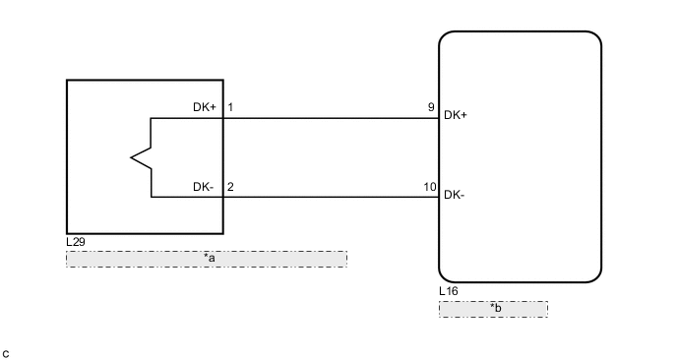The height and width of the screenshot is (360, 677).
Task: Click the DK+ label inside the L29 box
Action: click(205, 107)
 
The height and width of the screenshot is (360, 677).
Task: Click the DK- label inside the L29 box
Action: click(204, 186)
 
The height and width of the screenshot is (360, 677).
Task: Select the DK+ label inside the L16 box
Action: click(456, 115)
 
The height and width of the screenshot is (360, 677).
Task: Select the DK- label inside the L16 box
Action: click(455, 195)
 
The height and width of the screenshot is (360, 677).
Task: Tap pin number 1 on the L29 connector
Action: click(230, 107)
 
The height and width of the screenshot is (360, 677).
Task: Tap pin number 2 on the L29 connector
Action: click(230, 186)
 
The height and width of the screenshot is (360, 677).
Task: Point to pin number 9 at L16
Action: click(430, 107)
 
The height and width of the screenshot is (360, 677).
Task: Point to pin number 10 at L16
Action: click(428, 186)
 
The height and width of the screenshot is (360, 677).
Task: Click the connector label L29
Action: click(75, 241)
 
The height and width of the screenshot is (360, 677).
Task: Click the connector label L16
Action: click(448, 291)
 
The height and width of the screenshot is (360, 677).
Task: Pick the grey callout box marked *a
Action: click(207, 259)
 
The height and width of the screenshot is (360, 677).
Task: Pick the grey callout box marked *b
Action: click(493, 309)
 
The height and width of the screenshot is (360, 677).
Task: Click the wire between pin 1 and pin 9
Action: click(330, 118)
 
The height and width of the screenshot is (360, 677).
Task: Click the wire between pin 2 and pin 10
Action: click(330, 197)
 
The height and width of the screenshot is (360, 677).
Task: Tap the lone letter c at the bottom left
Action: click(6, 352)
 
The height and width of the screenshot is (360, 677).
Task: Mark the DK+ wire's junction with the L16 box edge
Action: click(439, 118)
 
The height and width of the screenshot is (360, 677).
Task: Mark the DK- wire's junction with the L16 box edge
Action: click(439, 197)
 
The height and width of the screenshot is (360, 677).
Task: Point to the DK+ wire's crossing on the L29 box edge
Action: click(223, 118)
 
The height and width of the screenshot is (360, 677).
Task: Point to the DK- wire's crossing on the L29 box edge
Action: click(223, 197)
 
